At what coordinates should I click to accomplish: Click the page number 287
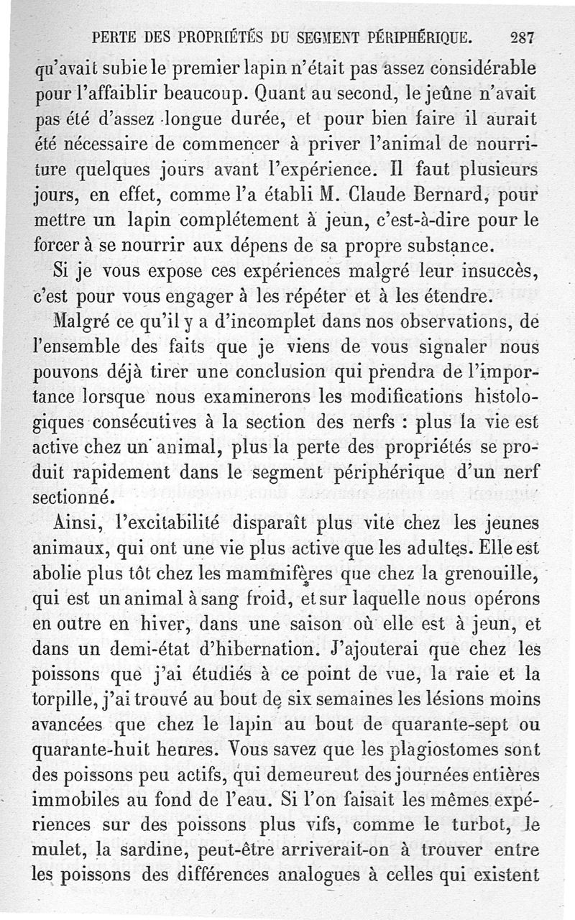pos(521,37)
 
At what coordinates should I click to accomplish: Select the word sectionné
pos(73,498)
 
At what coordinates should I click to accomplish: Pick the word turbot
pos(477,828)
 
